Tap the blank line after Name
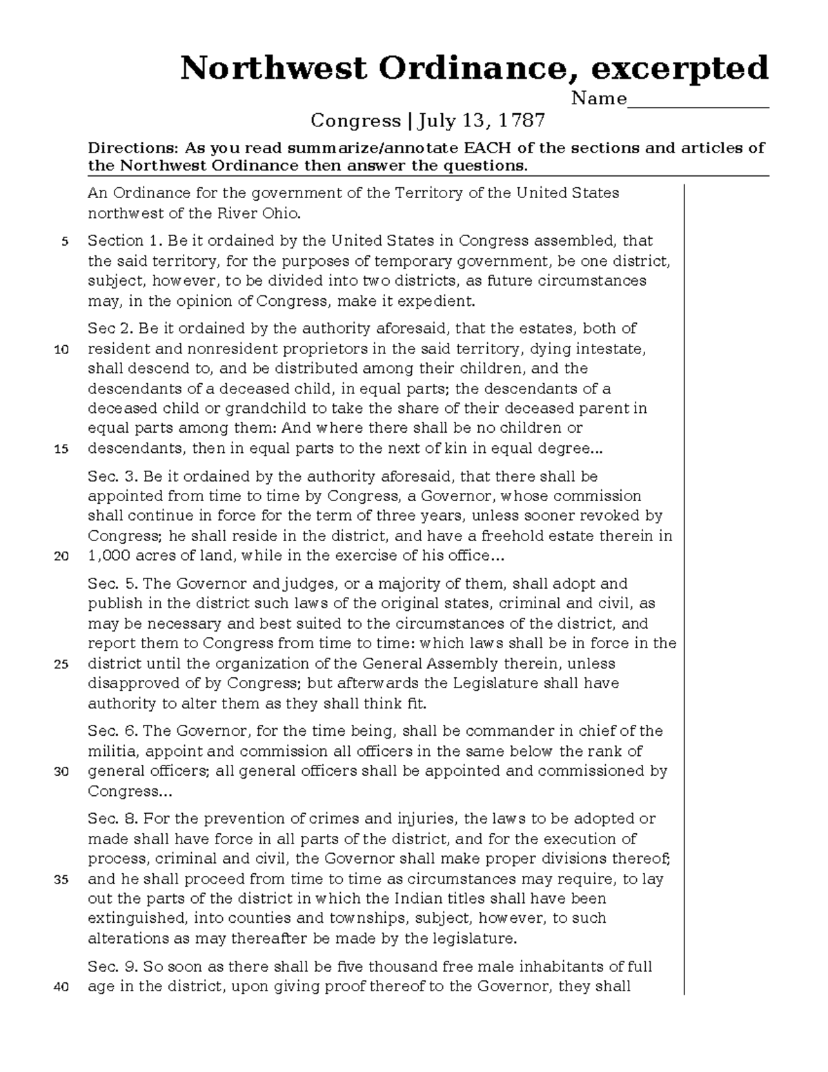point(698,101)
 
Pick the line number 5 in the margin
point(65,242)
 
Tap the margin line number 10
point(61,349)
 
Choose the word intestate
point(612,349)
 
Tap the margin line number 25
point(61,665)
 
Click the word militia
point(112,751)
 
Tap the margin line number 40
point(61,987)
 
